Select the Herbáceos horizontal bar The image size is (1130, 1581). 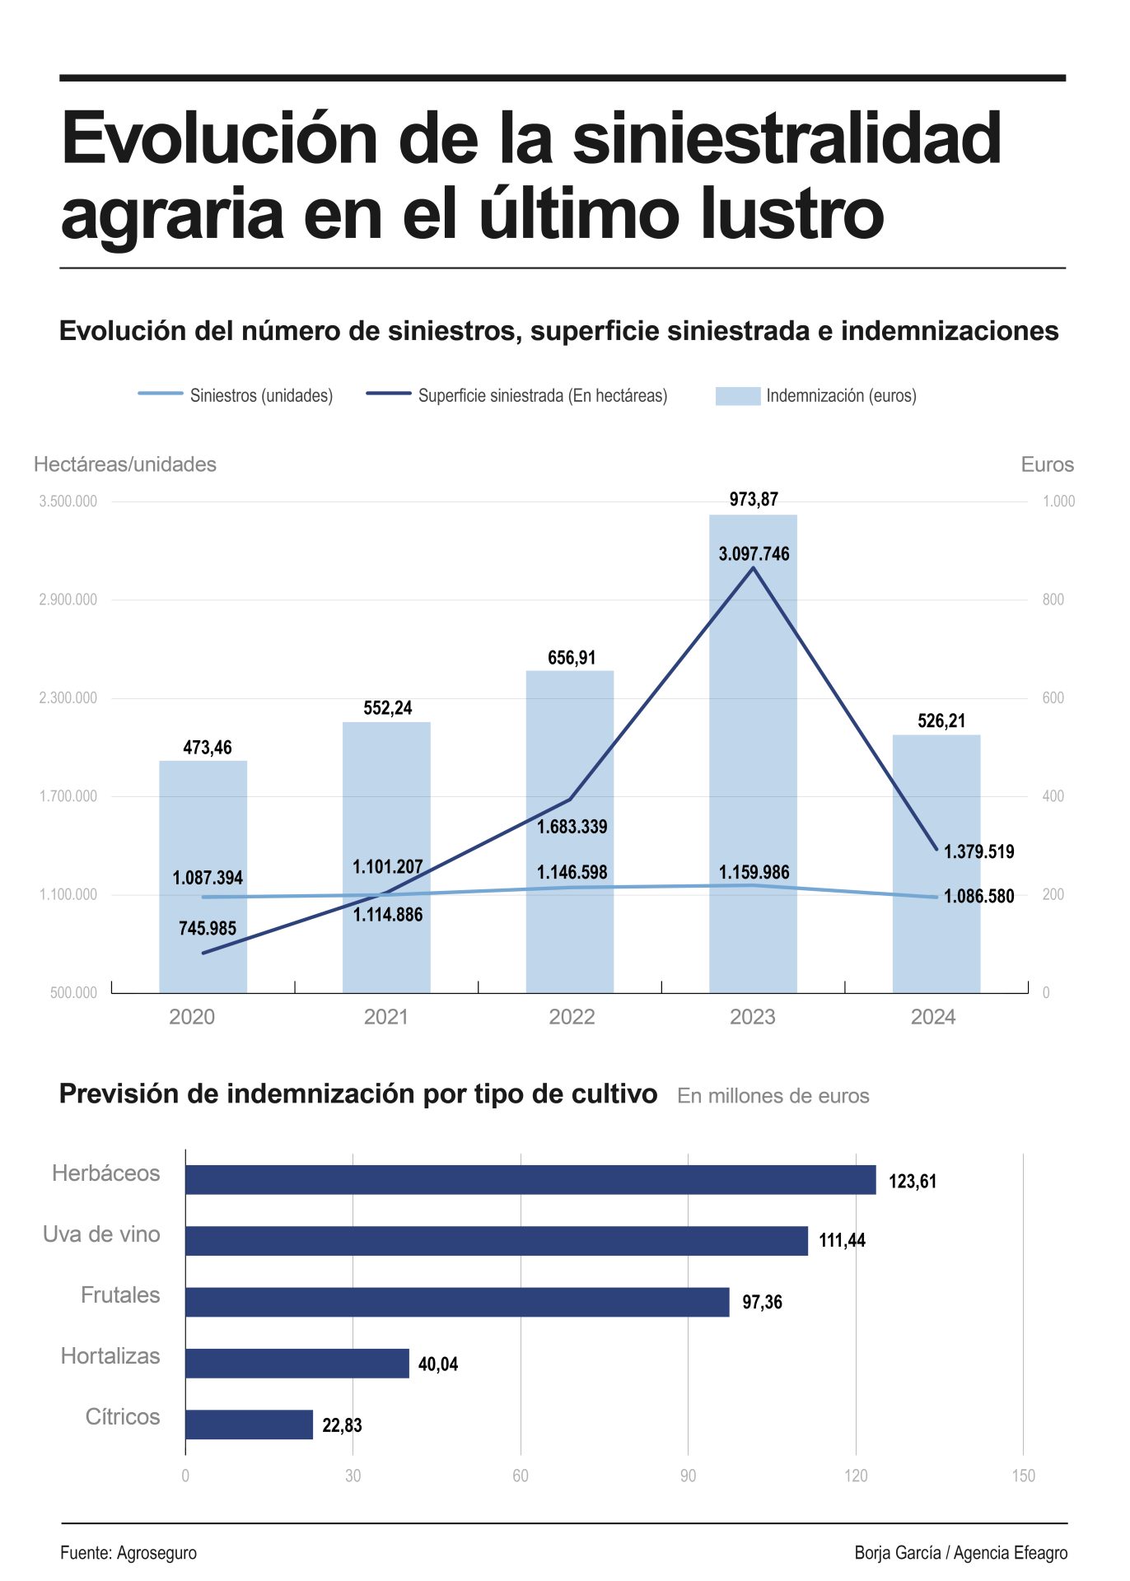530,1179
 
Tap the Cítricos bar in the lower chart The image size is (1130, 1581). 249,1424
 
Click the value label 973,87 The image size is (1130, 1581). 754,499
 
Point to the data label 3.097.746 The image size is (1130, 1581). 754,553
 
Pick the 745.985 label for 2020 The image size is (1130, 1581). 208,928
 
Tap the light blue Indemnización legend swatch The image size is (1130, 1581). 737,395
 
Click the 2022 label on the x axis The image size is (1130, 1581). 572,1017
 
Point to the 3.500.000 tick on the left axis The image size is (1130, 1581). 68,501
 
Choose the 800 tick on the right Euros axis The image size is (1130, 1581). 1053,599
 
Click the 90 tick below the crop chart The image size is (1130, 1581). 688,1476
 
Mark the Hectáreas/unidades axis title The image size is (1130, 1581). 125,464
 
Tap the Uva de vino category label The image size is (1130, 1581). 101,1234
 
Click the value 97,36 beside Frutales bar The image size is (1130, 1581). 762,1302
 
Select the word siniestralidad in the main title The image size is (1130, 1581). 787,138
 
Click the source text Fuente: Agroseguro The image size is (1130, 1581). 128,1552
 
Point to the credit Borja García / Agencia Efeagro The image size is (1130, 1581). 960,1552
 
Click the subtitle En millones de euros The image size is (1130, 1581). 773,1096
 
